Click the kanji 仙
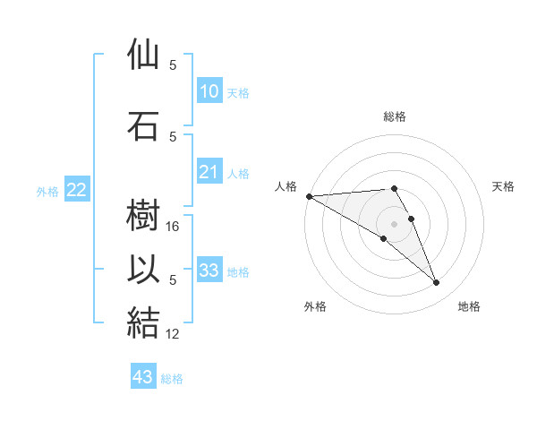(x=144, y=56)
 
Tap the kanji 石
(x=144, y=125)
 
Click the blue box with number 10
(x=209, y=91)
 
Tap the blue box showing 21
(x=209, y=173)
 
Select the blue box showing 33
(x=209, y=271)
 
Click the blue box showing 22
(x=76, y=190)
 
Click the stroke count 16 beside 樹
(x=174, y=228)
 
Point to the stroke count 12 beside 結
(x=174, y=334)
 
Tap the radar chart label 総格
(x=395, y=116)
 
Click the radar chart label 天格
(x=504, y=186)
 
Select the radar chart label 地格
(x=469, y=306)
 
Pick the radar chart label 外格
(x=315, y=306)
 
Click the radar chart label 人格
(x=286, y=186)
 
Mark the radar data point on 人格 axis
(x=309, y=196)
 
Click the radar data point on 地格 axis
(x=437, y=283)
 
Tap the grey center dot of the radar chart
(x=394, y=224)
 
